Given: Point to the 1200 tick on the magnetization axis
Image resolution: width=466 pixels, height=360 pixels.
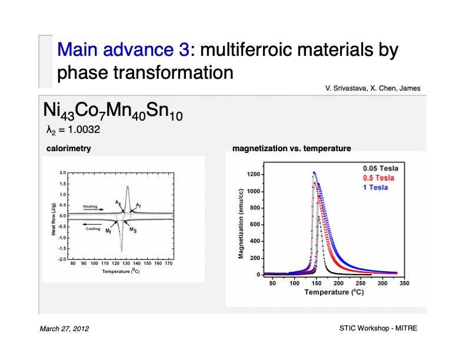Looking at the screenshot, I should (x=253, y=175).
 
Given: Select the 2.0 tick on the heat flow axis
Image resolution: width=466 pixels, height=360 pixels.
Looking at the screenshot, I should (x=62, y=173).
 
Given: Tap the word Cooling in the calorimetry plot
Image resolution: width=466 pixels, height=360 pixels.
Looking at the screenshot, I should (x=94, y=228).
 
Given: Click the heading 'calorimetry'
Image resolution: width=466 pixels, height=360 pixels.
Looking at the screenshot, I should (x=68, y=149).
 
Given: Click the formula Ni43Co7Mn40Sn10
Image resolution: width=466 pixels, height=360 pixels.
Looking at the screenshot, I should (x=112, y=111).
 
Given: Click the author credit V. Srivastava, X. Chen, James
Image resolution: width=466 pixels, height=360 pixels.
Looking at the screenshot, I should (x=372, y=88).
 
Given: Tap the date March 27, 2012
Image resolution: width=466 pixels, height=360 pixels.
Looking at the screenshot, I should (x=64, y=328).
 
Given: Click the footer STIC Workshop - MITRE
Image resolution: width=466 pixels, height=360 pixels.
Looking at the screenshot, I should (x=378, y=328).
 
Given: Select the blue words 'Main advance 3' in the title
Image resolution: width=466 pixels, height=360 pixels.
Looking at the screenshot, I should (x=123, y=49).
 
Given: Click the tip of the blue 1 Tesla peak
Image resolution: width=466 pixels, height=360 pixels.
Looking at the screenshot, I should (x=314, y=172).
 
